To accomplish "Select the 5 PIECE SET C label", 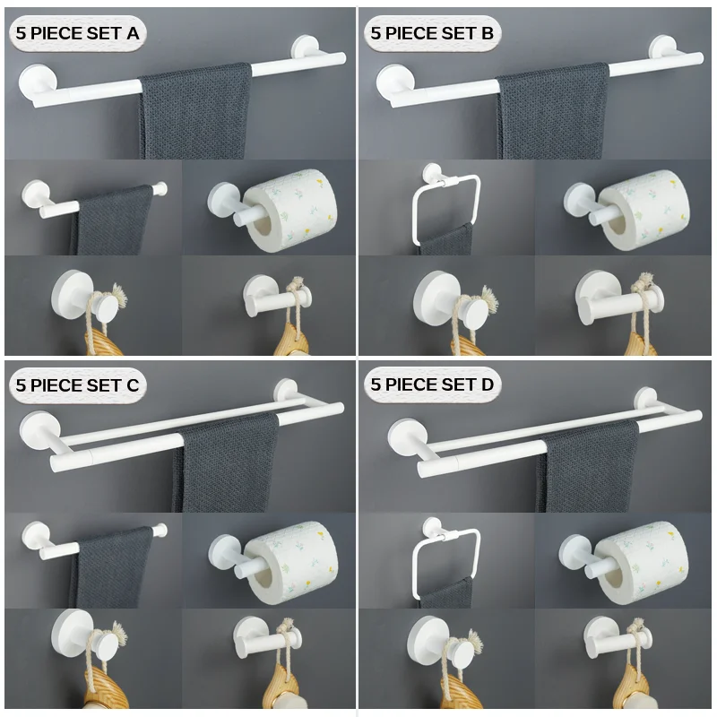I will (77, 385).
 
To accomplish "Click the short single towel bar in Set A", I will (90, 199).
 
